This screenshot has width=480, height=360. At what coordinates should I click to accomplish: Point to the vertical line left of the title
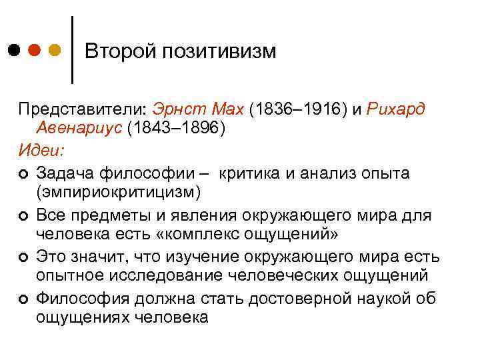coord(72,50)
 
